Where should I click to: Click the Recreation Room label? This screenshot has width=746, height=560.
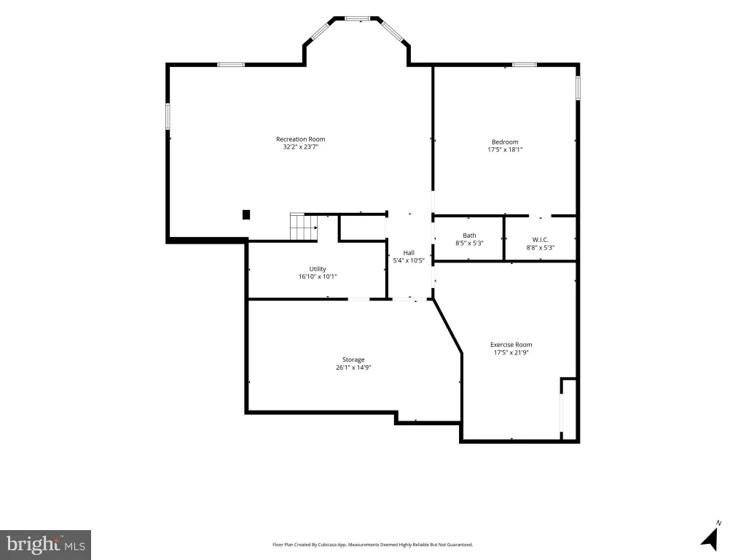(x=301, y=139)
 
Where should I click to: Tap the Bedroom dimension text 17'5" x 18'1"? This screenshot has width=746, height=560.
(x=505, y=149)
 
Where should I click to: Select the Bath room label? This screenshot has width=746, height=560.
(x=470, y=236)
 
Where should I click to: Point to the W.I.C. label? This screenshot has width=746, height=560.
(x=541, y=239)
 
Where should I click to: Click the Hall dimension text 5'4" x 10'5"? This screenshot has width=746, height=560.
(x=409, y=260)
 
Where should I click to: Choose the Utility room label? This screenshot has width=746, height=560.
(x=318, y=268)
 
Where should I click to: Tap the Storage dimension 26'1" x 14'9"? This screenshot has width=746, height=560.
(x=353, y=367)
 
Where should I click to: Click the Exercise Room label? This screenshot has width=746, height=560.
(x=511, y=345)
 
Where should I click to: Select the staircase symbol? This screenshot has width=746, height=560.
(x=304, y=227)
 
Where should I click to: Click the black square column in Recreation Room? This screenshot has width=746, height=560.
(x=246, y=215)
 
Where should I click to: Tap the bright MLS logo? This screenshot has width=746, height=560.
(x=46, y=545)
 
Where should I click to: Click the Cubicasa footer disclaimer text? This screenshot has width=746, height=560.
(x=372, y=544)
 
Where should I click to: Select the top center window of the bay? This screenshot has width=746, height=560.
(x=357, y=18)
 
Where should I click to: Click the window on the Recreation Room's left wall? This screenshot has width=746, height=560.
(x=168, y=116)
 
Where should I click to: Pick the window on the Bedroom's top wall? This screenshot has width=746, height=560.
(x=525, y=64)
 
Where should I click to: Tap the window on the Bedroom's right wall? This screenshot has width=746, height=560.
(x=578, y=87)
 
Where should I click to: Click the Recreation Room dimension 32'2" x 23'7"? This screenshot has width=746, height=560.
(x=301, y=147)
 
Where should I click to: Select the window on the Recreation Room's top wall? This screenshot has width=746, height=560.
(x=231, y=64)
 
